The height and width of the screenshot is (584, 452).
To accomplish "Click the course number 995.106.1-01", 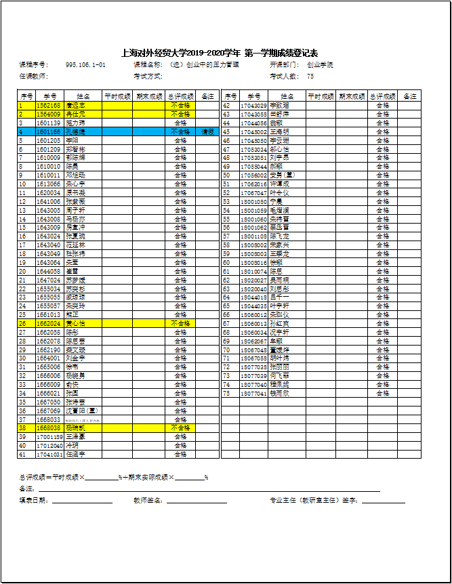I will tap(85, 65).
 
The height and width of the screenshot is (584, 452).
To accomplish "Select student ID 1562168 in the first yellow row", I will tap(48, 106).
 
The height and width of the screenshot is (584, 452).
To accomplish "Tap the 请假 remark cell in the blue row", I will tap(208, 132).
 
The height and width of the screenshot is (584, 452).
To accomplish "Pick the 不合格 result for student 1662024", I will tap(180, 324).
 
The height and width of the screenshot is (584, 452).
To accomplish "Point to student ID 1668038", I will tap(48, 428).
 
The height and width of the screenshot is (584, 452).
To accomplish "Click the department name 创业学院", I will tap(320, 65).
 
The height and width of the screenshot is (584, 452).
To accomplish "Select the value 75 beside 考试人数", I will tap(310, 77).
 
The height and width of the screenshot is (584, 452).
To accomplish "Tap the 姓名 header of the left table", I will tap(83, 97).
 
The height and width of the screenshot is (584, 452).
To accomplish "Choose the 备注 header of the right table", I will tap(409, 97).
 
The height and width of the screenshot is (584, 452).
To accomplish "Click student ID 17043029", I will tap(254, 106).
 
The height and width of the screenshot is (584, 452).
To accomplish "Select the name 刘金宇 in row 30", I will tap(76, 358).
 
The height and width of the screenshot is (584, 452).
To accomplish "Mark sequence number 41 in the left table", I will tap(22, 455).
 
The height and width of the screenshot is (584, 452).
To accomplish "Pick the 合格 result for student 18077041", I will tap(383, 394).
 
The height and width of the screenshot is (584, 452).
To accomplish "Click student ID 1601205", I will tap(48, 141).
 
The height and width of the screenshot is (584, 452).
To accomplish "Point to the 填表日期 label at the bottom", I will tap(34, 501).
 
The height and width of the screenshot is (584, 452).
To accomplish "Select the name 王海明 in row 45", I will tap(279, 132).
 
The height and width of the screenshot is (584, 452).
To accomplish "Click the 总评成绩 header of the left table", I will tap(180, 97).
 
